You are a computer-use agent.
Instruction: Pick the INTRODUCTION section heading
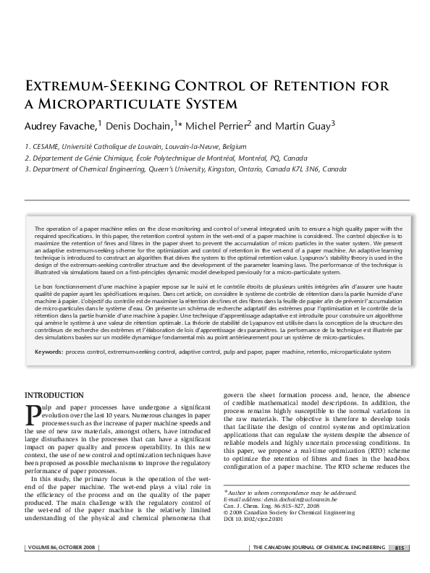(x=54, y=395)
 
